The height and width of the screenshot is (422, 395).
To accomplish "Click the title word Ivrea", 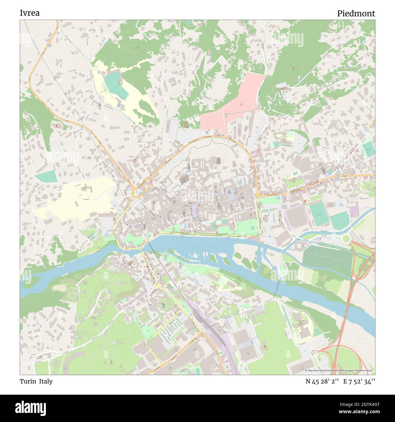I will tap(29, 13).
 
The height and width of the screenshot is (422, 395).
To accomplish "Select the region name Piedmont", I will tap(356, 13).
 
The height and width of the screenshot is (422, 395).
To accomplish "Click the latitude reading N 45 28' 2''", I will tap(322, 381).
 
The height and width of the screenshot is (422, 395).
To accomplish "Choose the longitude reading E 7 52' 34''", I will tap(359, 381).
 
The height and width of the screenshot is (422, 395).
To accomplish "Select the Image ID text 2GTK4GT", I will tap(363, 404).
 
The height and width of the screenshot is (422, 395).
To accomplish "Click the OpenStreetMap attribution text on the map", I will tap(340, 370).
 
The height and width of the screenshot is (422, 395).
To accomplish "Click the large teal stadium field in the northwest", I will tap(115, 84).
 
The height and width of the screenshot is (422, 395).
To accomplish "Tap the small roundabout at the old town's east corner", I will tap(258, 196).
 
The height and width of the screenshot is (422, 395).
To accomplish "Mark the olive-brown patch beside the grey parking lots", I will tap(184, 124).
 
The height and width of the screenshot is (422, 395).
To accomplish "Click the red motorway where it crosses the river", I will tap(346, 313).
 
